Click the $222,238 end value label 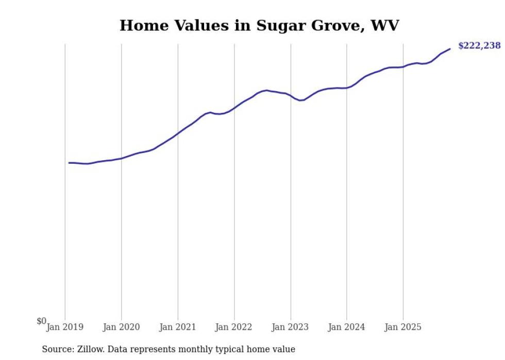(479, 46)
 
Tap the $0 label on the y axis (41, 321)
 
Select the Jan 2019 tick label (64, 327)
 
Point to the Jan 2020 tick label (121, 327)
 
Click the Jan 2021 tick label (177, 327)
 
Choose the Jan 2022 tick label (234, 327)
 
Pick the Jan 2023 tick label (290, 327)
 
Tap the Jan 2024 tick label (346, 327)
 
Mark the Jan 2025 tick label (403, 327)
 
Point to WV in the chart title (384, 25)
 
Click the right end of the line (450, 49)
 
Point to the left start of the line (69, 163)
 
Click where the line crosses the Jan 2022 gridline (234, 108)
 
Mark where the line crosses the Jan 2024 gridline (347, 88)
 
